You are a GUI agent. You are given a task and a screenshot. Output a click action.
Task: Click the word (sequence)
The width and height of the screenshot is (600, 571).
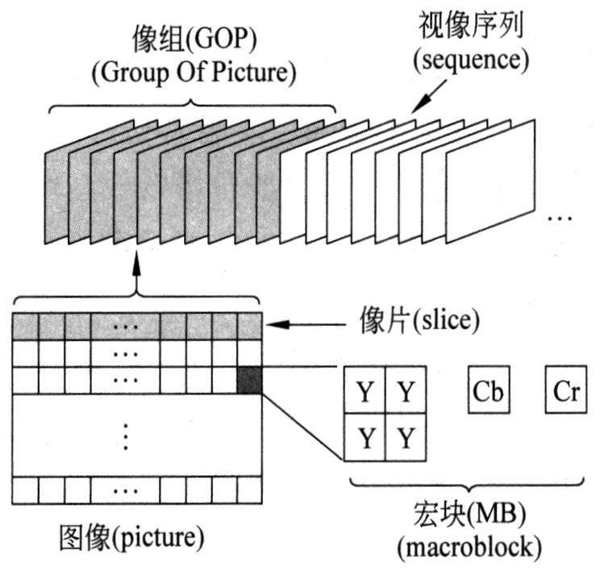tap(471, 60)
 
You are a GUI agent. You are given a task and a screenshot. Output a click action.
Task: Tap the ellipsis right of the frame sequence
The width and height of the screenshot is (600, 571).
tap(560, 218)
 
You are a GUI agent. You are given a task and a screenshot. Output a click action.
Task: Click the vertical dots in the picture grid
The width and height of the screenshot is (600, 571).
tap(125, 436)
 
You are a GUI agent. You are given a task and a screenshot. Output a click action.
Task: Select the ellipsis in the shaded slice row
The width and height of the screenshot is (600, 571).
tap(124, 327)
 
